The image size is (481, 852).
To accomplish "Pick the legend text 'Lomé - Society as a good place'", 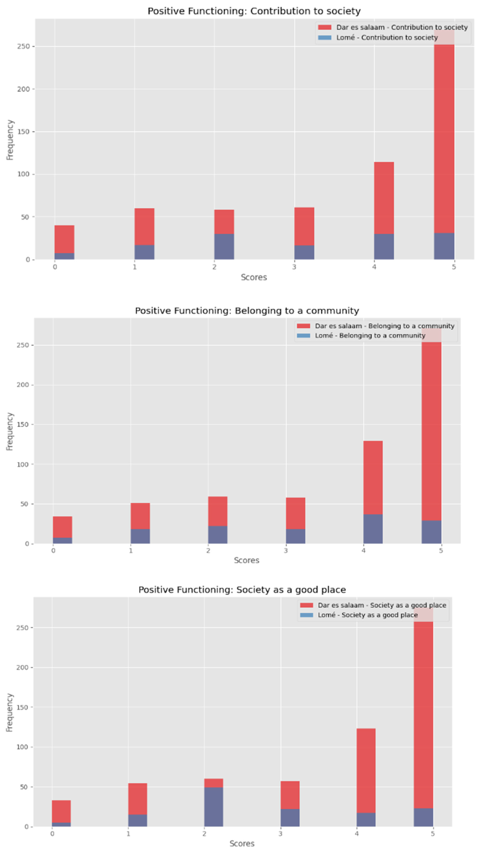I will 367,615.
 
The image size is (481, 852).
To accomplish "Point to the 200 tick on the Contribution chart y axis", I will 23,89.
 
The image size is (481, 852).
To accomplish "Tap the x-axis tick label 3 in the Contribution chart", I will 294,267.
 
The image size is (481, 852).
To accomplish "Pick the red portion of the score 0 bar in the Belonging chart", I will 62,527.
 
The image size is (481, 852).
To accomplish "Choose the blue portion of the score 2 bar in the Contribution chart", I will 224,246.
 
